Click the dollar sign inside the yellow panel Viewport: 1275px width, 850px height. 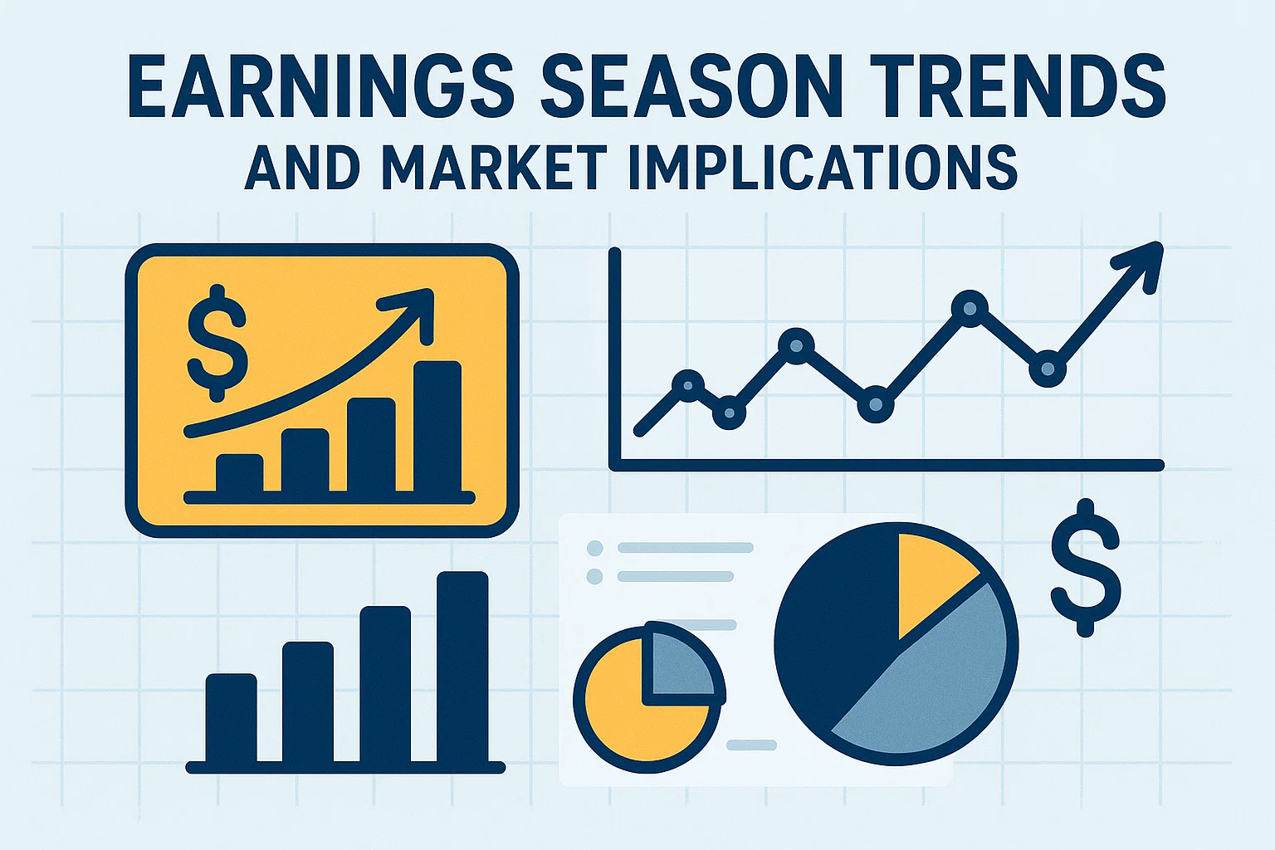[x=217, y=340]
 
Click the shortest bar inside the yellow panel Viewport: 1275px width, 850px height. [x=239, y=473]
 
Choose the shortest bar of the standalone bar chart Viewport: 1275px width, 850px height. [x=231, y=717]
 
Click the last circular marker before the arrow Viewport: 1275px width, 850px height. [x=1047, y=368]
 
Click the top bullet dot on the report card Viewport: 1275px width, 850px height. [x=594, y=548]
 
